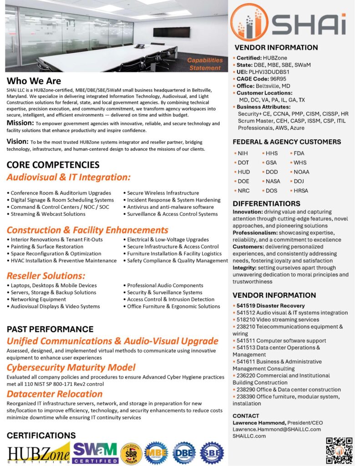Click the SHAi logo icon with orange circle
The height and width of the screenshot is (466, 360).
pyautogui.click(x=249, y=22)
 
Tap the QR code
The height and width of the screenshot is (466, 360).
pyautogui.click(x=339, y=451)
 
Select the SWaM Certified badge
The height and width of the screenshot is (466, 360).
pyautogui.click(x=96, y=452)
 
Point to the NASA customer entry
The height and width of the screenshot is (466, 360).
pyautogui.click(x=273, y=181)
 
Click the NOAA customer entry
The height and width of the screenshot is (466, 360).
pyautogui.click(x=301, y=172)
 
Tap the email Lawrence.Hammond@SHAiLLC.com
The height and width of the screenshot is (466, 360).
pyautogui.click(x=277, y=429)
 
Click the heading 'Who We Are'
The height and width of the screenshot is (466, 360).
pyautogui.click(x=34, y=81)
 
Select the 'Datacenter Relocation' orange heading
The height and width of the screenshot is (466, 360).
pyautogui.click(x=55, y=394)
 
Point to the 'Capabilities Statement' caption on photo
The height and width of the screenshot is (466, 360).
pyautogui.click(x=205, y=64)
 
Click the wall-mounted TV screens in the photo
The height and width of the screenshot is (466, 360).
pyautogui.click(x=172, y=32)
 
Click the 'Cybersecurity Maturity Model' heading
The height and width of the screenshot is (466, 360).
pyautogui.click(x=71, y=367)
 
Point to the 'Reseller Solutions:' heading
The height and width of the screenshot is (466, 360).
pyautogui.click(x=46, y=276)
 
